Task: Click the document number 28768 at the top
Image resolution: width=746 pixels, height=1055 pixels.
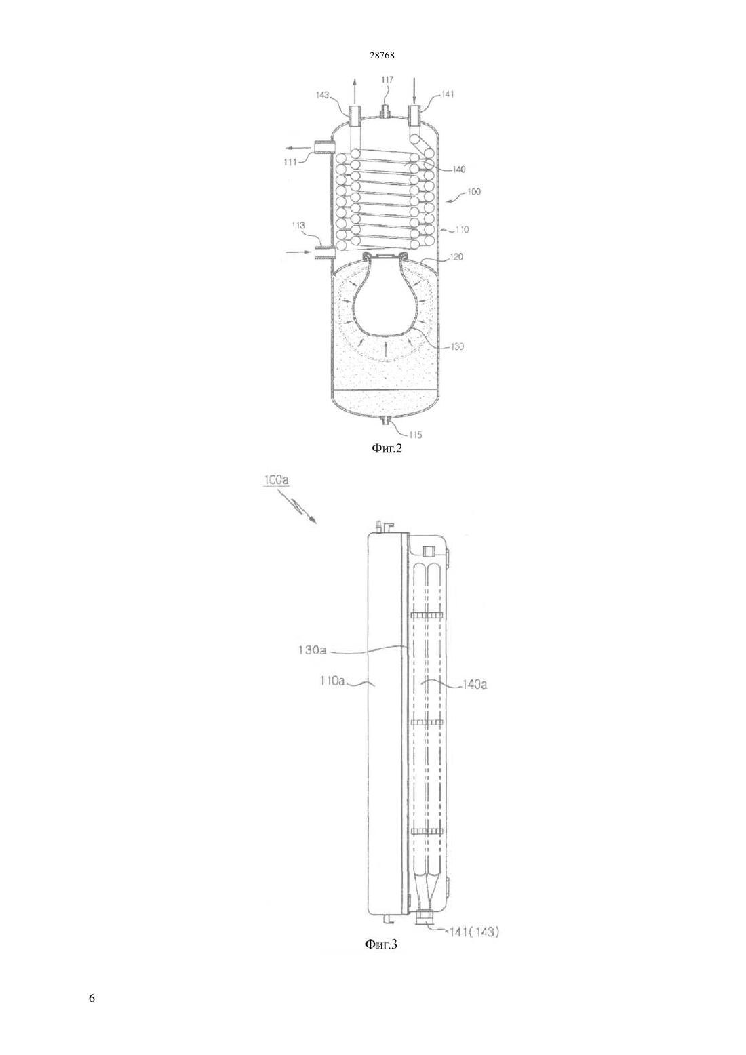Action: (382, 55)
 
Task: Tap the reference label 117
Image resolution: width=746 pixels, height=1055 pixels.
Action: (387, 80)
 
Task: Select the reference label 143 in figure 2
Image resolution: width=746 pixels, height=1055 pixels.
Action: (323, 95)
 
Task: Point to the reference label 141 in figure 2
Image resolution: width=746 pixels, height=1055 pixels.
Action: (448, 94)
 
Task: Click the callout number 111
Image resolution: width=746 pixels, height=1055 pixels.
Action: (290, 162)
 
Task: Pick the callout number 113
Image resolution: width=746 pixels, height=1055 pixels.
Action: (298, 226)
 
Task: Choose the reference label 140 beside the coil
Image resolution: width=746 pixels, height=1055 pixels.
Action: (458, 170)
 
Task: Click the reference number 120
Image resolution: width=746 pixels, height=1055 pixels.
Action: (457, 257)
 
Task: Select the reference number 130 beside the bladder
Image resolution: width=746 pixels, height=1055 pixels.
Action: (457, 346)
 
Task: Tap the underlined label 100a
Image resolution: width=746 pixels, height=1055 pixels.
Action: (277, 481)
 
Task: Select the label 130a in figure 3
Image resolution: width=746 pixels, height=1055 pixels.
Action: (312, 650)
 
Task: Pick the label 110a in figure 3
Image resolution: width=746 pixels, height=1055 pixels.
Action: (332, 681)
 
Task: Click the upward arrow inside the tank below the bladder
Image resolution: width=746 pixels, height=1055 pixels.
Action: (386, 350)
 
